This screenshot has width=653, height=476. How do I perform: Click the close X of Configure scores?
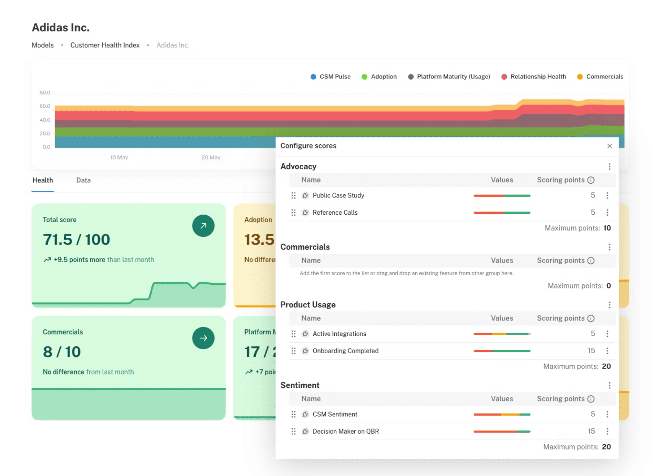pos(609,146)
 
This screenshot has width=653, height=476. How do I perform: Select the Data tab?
pos(83,180)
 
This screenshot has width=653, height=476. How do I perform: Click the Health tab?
pos(43,180)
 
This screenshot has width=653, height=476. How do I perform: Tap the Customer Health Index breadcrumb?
pos(105,45)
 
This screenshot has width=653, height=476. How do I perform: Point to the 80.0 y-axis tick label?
pos(45,93)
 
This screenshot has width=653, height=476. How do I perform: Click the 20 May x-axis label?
pos(211,158)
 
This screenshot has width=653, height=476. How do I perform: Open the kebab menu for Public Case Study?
pos(607,195)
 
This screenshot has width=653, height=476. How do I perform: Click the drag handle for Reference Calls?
pos(294,213)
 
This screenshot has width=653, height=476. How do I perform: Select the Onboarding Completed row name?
pos(346,351)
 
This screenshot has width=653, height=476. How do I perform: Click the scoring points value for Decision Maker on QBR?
pos(591,431)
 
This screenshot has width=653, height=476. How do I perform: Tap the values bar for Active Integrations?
pos(502,334)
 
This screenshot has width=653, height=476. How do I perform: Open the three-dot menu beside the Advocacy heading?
pos(609,166)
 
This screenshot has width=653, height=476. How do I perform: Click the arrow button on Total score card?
pos(203,226)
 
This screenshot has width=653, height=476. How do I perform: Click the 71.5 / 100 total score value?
pos(76,239)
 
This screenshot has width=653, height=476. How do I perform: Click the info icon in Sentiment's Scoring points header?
pos(591,399)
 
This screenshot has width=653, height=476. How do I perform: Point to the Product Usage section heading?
pos(308,305)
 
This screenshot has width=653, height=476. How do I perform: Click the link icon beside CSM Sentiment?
pos(306,414)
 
